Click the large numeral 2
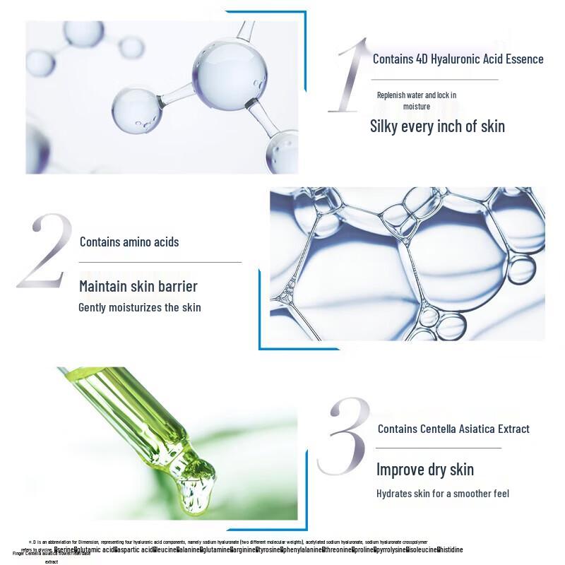(45, 251)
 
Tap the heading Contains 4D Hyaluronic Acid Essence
(458, 59)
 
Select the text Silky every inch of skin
(437, 126)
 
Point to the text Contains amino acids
(129, 242)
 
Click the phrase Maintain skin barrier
(138, 286)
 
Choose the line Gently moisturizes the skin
(139, 307)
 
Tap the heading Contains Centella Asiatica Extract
(453, 429)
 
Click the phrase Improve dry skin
(424, 470)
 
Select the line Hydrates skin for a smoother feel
(442, 494)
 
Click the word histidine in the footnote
(451, 549)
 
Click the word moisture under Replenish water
(416, 107)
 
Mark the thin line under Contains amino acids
(160, 262)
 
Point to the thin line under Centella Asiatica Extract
(438, 448)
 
